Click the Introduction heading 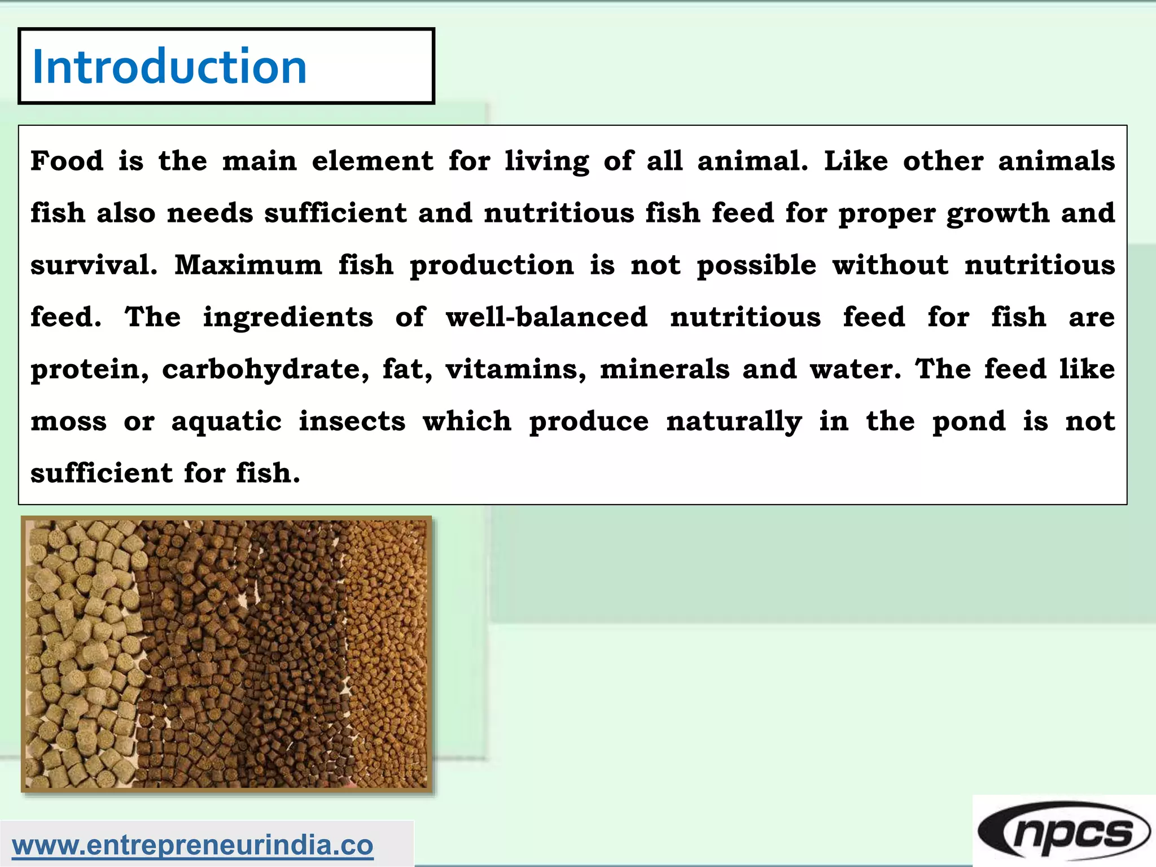click(169, 67)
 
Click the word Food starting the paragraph click(67, 161)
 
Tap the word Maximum click(248, 265)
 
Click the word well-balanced click(546, 317)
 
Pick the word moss click(68, 422)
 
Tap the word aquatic click(226, 422)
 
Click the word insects click(352, 422)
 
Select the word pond click(969, 422)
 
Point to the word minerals click(664, 370)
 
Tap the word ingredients click(288, 317)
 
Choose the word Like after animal click(856, 161)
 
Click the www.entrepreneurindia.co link click(192, 846)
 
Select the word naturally click(734, 422)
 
